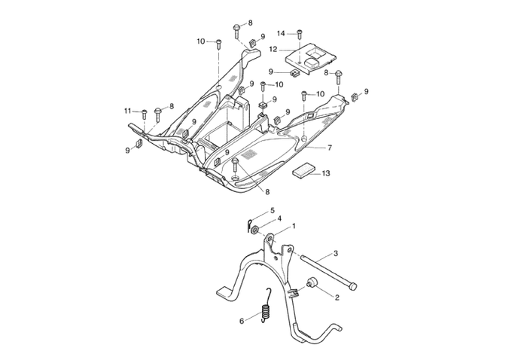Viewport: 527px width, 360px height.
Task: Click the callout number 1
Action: pos(293,226)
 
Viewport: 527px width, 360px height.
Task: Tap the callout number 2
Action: pos(337,297)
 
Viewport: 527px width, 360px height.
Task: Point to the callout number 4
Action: pos(279,219)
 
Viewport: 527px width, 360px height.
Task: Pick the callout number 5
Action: pos(273,210)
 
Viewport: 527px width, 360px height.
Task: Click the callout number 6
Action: pos(242,320)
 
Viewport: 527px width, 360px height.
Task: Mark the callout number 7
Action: pos(329,148)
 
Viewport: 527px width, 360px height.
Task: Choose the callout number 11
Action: pos(128,111)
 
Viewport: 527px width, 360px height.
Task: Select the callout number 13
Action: pos(325,174)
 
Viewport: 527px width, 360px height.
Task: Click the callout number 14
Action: pos(281,33)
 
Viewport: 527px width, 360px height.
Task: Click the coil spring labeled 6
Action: pos(265,310)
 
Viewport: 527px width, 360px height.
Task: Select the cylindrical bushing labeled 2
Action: pos(312,285)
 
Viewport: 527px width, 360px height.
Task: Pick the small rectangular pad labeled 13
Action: pos(302,171)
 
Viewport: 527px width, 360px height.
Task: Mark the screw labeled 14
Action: pos(300,35)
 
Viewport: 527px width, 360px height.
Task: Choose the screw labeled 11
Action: pos(143,114)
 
